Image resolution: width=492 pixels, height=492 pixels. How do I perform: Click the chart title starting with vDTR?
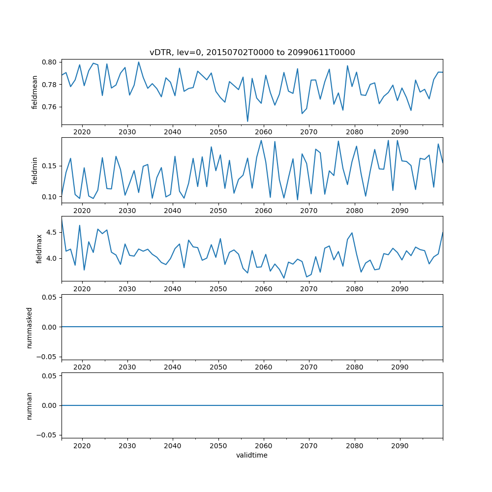click(252, 52)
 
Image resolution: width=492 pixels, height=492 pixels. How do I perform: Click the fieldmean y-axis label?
click(34, 92)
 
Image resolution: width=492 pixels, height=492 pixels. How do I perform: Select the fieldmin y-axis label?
click(34, 170)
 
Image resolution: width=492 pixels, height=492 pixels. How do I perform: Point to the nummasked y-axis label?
click(29, 327)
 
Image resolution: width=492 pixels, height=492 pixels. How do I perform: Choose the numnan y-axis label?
click(29, 405)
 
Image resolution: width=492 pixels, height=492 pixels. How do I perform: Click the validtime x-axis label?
click(252, 456)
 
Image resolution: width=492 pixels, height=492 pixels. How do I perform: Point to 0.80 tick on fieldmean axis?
click(51, 62)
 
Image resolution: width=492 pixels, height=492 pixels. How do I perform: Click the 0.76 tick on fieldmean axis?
click(51, 107)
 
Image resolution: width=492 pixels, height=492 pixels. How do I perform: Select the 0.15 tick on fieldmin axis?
click(51, 166)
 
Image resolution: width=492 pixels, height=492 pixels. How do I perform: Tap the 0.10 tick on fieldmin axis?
click(51, 197)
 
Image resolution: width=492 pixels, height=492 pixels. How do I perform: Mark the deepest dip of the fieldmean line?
click(247, 121)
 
